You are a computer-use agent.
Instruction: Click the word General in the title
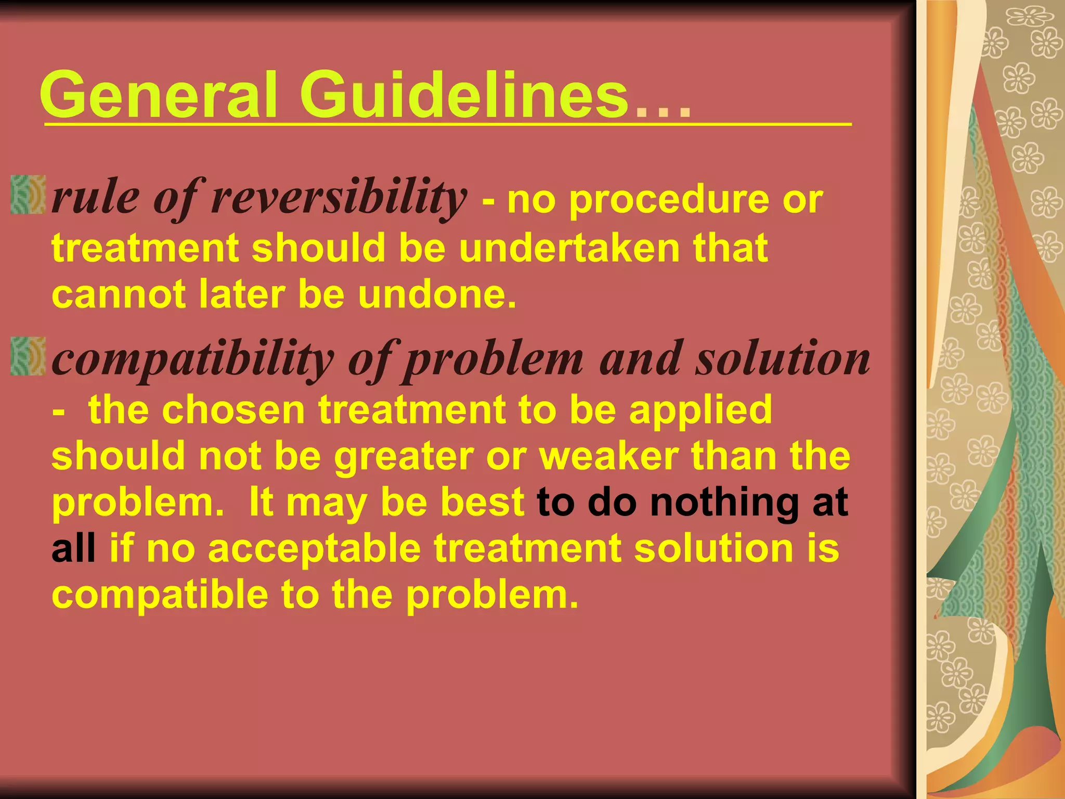click(x=159, y=95)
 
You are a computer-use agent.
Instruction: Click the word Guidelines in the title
click(x=464, y=95)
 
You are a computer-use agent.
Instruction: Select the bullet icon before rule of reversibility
click(x=28, y=195)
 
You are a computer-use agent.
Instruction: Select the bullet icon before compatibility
click(x=28, y=356)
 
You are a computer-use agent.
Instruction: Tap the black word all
click(x=73, y=549)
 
